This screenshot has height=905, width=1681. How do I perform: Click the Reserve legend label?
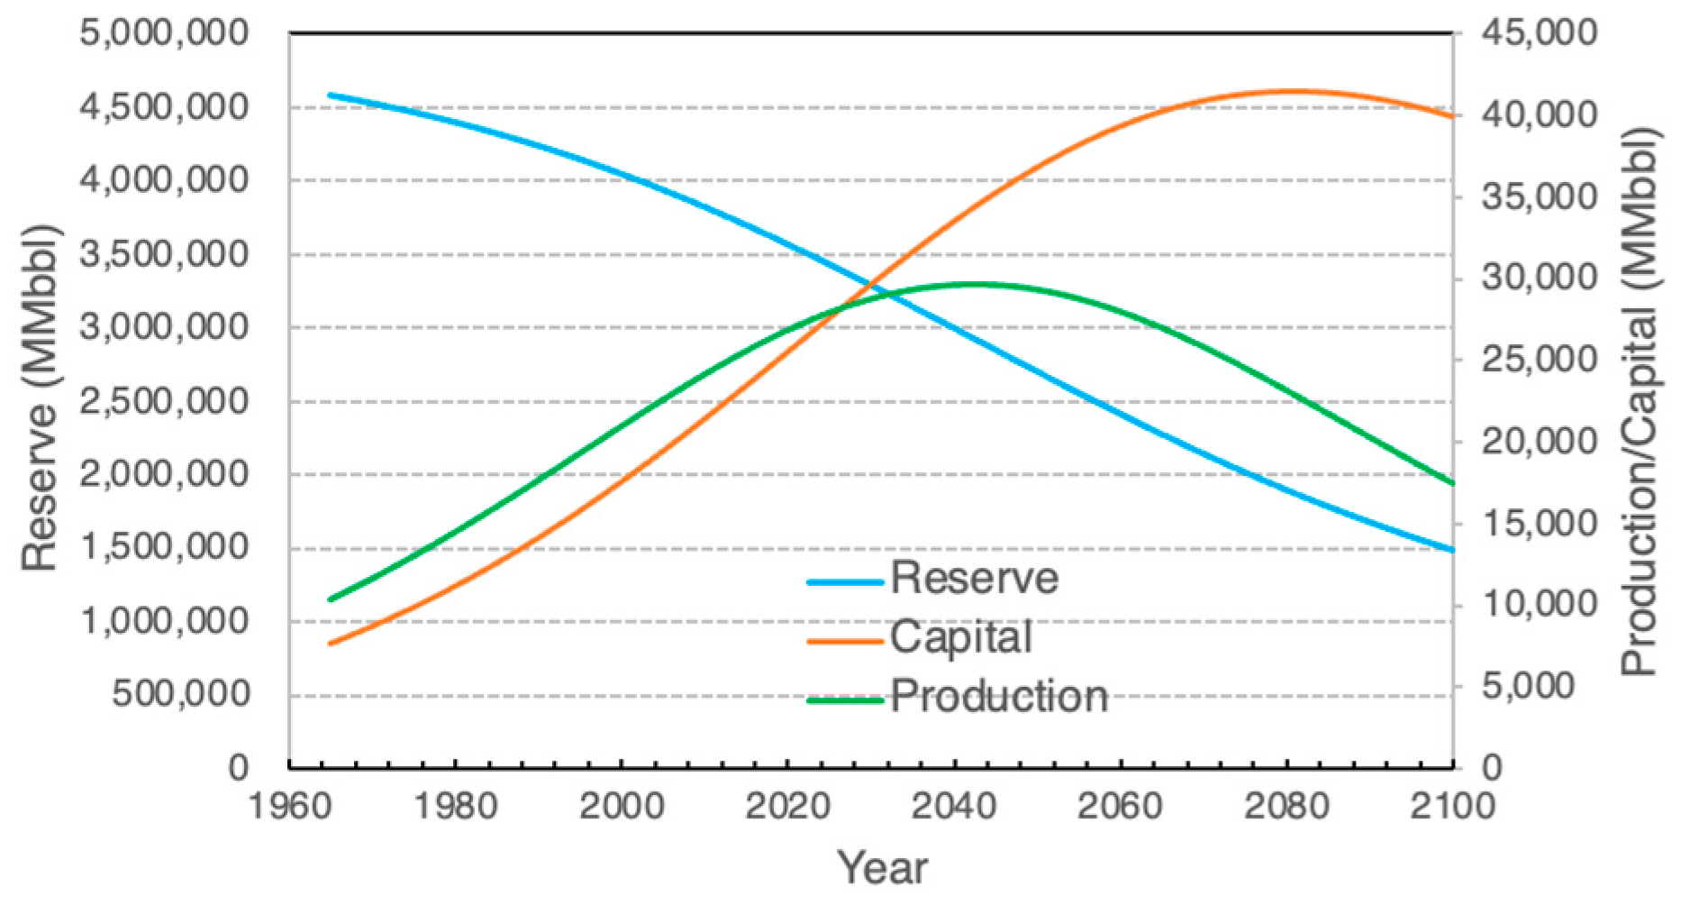[x=975, y=578]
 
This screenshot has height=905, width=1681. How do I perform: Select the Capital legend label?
[x=961, y=637]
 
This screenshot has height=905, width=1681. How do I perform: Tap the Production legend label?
[x=999, y=697]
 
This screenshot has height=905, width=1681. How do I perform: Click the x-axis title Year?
[x=883, y=868]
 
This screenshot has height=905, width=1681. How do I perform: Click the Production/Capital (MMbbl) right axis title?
[x=1640, y=401]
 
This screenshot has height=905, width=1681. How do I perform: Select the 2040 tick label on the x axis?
[x=954, y=805]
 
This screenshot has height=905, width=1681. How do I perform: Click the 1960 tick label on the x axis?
[x=290, y=805]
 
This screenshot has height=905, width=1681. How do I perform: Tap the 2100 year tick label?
[x=1452, y=805]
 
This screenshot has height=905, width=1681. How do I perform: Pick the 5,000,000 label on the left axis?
[x=164, y=33]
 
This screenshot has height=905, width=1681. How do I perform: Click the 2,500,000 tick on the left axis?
[x=164, y=401]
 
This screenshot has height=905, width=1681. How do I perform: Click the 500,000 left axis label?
[x=180, y=694]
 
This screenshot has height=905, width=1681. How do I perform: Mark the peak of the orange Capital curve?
[x=1290, y=90]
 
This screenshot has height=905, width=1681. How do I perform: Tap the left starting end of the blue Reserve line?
[x=330, y=95]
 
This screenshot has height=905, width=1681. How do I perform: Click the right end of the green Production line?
[x=1452, y=483]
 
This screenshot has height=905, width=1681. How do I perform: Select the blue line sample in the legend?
[x=845, y=582]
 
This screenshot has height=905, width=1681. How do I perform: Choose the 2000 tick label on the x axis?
[x=622, y=805]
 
